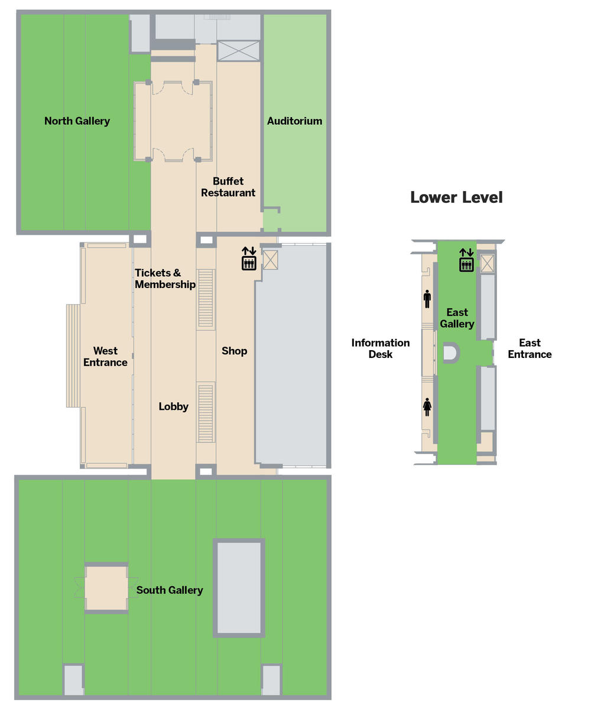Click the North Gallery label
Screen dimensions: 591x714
tap(77, 121)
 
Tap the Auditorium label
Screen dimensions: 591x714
tap(294, 121)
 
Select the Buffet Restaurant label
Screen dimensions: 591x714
tap(228, 187)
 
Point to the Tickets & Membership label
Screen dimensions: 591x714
tap(165, 279)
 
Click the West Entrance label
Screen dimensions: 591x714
tap(105, 356)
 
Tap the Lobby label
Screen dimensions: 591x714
tap(174, 406)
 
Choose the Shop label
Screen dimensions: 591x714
tap(235, 351)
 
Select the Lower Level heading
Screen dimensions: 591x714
tap(456, 198)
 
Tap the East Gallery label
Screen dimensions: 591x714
tap(457, 318)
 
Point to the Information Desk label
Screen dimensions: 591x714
tap(381, 348)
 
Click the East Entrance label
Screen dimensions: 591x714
tap(530, 348)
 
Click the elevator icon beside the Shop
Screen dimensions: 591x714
tap(249, 259)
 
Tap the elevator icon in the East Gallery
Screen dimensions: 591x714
tap(466, 260)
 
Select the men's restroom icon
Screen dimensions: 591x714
tap(427, 299)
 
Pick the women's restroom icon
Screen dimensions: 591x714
tap(427, 407)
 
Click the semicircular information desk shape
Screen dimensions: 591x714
tap(452, 353)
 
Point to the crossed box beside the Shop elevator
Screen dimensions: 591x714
tap(270, 260)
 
